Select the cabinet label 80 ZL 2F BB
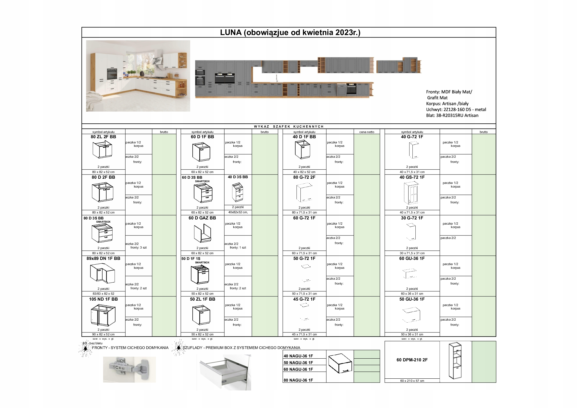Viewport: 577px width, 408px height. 103,137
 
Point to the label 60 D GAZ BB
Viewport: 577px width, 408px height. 202,218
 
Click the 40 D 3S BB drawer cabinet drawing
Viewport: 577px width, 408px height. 238,192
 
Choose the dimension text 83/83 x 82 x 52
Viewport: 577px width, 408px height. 103,294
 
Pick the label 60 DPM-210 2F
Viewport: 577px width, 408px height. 412,360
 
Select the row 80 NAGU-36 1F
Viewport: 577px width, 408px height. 298,380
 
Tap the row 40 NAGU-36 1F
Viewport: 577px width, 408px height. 298,356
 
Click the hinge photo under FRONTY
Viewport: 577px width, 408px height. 130,369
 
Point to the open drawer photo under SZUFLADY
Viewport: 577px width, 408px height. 224,372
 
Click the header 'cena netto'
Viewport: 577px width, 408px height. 367,132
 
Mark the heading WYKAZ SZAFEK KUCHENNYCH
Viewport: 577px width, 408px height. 289,127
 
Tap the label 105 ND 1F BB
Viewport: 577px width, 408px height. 103,299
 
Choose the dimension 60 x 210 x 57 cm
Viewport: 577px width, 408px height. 412,381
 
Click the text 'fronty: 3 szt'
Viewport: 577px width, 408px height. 138,248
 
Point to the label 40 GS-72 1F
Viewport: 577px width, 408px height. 412,177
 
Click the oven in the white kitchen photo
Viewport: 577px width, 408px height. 112,74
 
